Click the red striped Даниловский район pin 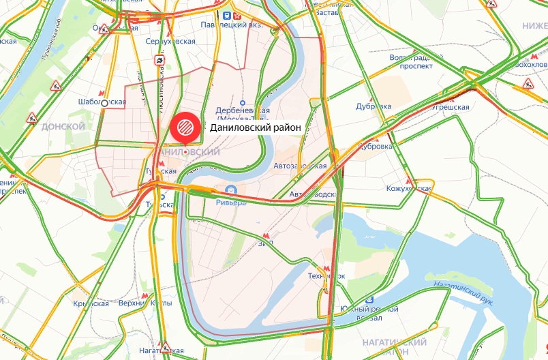coord(184,127)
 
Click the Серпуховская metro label coord(170,42)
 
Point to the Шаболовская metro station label coord(103,102)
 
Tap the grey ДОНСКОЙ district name coord(63,127)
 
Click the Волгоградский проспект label coord(411,62)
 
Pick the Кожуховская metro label coord(410,188)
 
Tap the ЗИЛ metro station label coord(265,242)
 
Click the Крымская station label coord(91,303)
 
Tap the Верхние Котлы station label coord(144,303)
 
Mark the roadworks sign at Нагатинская coord(164,346)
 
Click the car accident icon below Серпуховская coord(159,60)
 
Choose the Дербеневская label coord(243,110)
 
